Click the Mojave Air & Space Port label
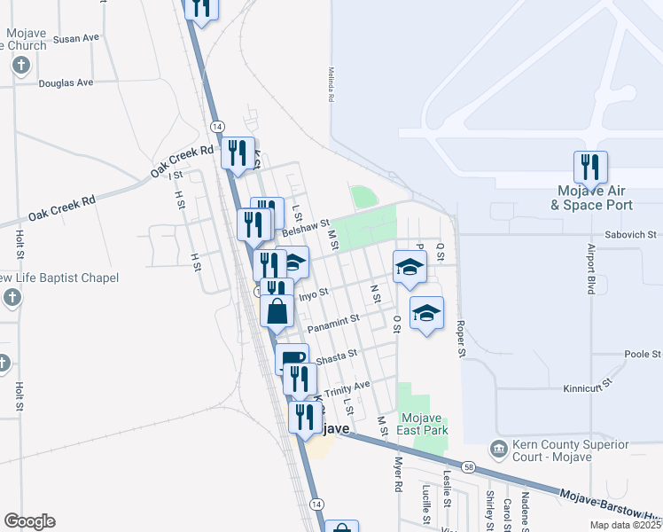click(593, 198)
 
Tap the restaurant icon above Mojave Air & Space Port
click(589, 168)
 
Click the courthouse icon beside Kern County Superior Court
click(500, 450)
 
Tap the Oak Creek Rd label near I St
click(183, 159)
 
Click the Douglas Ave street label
click(66, 82)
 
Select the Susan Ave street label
click(76, 39)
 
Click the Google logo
click(29, 521)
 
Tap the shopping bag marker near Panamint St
click(277, 312)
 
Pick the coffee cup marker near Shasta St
click(292, 359)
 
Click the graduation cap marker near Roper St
click(426, 313)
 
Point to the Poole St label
click(643, 354)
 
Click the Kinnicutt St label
click(589, 388)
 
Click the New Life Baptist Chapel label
click(58, 278)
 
